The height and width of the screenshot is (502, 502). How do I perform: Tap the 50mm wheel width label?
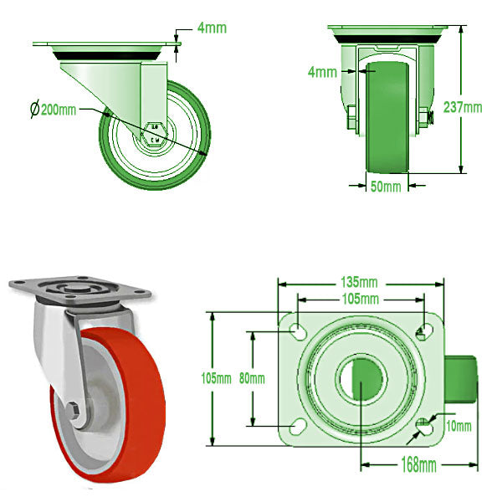pyautogui.click(x=385, y=186)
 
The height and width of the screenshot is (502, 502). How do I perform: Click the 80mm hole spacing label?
pyautogui.click(x=251, y=378)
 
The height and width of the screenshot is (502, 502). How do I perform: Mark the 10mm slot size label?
pyautogui.click(x=459, y=426)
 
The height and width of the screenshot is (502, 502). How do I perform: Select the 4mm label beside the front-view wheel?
pyautogui.click(x=322, y=73)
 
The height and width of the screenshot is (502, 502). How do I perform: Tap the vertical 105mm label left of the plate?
pyautogui.click(x=218, y=378)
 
